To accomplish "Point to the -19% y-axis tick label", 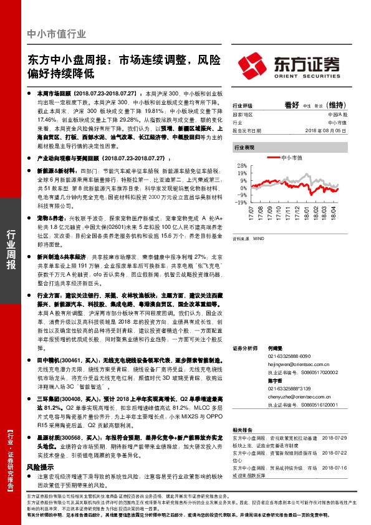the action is tap(239, 203).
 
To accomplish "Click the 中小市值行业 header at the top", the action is tap(57, 34).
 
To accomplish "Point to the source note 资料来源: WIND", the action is tap(247, 239).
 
